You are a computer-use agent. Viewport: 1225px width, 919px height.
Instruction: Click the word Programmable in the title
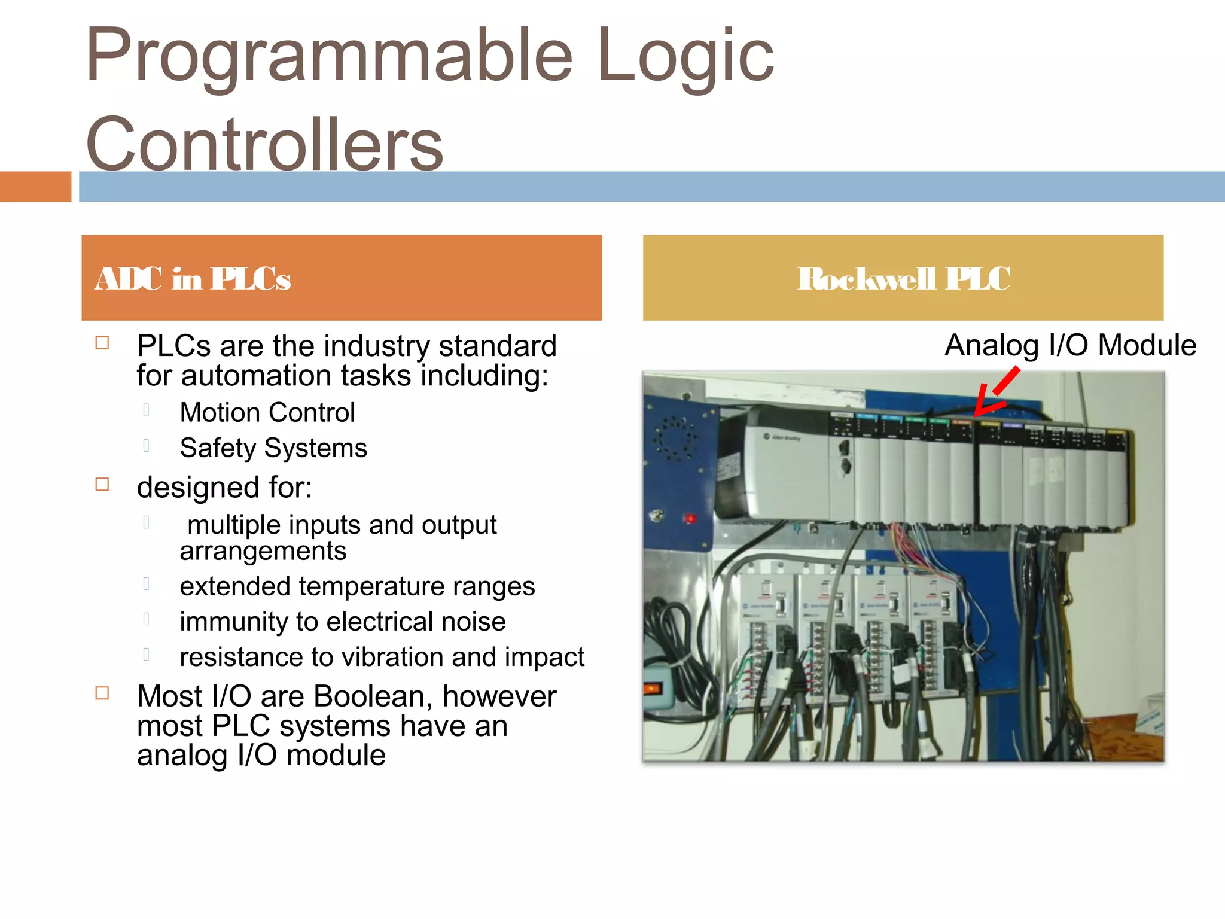coord(329,57)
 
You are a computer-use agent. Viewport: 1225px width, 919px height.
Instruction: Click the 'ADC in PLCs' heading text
coord(193,279)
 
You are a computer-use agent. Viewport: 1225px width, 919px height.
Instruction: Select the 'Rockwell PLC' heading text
coord(903,279)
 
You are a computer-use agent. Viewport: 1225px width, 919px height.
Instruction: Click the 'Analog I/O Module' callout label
coord(1070,346)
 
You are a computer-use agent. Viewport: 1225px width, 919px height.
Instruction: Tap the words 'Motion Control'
coord(267,413)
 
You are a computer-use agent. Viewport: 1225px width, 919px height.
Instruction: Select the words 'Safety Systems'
coord(273,448)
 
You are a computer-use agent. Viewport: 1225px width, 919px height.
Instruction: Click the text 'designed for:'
coord(224,488)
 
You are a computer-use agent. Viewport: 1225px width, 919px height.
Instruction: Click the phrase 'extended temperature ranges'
coord(357,586)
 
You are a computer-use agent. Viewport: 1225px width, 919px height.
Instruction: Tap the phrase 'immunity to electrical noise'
coord(342,622)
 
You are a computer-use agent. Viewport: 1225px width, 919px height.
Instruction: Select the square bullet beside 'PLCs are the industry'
coord(102,343)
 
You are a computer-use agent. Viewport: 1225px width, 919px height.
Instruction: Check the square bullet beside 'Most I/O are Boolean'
coord(102,693)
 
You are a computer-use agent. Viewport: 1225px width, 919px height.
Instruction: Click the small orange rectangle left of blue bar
coord(35,187)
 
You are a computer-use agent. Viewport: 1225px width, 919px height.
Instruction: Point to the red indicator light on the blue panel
coord(690,518)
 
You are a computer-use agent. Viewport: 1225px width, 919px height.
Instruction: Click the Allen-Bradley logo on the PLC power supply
coord(784,437)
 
